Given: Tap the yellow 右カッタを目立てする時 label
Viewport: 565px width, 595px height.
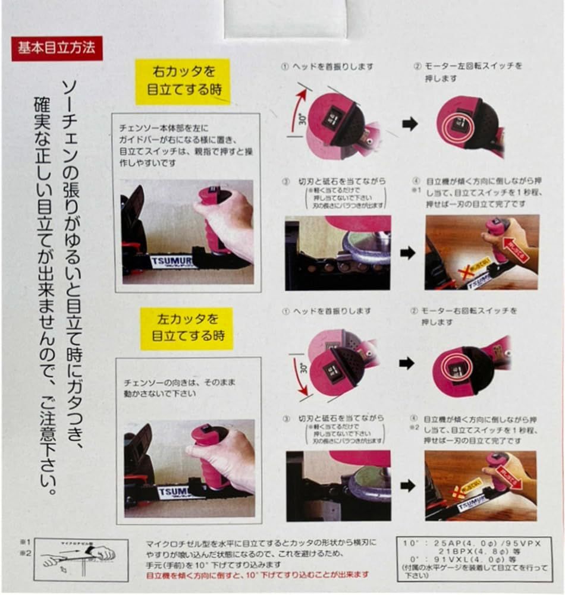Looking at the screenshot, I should [x=181, y=81].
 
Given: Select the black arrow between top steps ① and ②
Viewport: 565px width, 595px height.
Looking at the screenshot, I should [x=410, y=124].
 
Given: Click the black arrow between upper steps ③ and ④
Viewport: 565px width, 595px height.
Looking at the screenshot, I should [x=407, y=253].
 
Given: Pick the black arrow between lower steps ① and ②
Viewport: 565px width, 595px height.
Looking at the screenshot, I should [x=407, y=364].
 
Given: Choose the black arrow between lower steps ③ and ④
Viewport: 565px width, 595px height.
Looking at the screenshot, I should [x=407, y=486].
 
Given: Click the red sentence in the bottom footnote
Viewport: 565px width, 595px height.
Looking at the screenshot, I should [x=257, y=575].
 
